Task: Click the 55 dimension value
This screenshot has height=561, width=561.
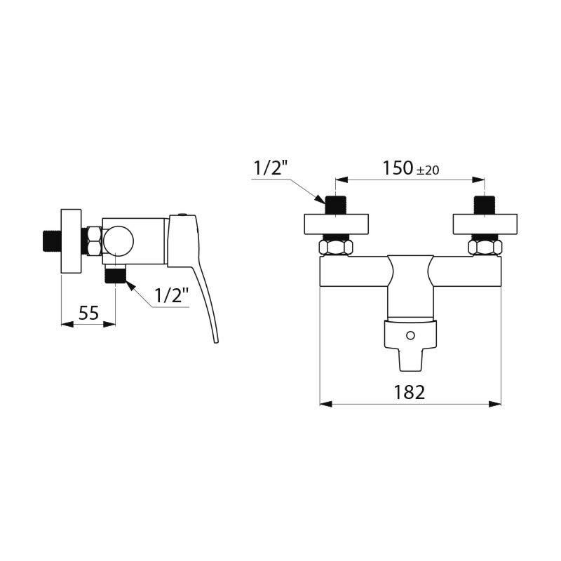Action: pos(88,313)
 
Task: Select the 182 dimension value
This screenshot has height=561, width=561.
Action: pos(410,392)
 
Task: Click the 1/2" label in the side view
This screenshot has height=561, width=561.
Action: pos(171,296)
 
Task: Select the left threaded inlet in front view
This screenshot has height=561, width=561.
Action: pos(337,205)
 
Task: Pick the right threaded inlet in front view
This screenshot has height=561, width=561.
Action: pos(484,205)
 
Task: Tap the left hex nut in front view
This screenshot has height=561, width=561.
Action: pos(337,248)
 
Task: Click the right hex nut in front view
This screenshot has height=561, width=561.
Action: pos(485,248)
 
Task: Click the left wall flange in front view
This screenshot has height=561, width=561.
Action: pos(337,224)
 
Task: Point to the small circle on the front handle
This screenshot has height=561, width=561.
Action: pos(411,335)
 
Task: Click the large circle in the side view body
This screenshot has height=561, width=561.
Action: pos(117,242)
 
